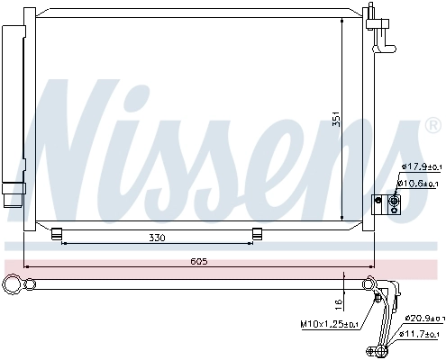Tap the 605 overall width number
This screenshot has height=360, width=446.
click(199, 261)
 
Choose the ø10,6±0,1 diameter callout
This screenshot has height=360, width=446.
click(420, 184)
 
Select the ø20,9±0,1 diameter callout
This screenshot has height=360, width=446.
click(423, 319)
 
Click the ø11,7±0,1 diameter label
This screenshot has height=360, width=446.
click(423, 335)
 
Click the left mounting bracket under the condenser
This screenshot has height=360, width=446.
click(57, 234)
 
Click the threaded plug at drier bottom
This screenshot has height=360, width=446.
click(12, 195)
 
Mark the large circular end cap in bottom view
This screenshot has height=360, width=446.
click(13, 285)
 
